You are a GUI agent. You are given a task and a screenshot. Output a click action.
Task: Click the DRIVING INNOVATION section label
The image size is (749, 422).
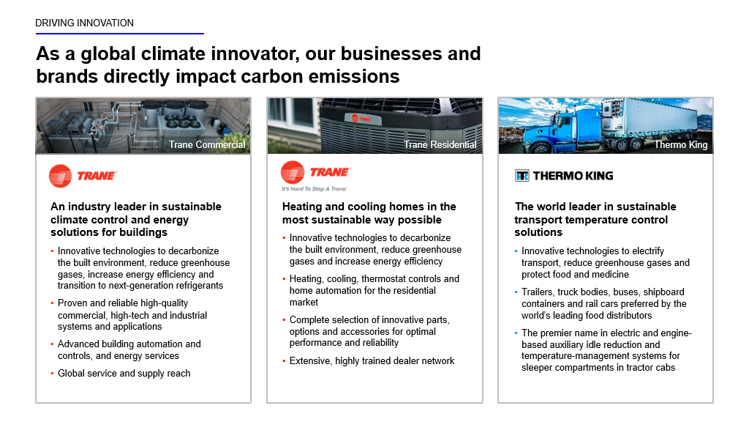click(x=85, y=23)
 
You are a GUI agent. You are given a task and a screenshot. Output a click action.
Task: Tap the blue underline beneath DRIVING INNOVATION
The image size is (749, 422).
click(x=120, y=34)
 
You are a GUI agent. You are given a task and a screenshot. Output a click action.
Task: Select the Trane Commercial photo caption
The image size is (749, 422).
click(x=207, y=144)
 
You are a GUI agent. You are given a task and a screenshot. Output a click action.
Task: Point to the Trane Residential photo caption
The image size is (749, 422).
click(x=440, y=144)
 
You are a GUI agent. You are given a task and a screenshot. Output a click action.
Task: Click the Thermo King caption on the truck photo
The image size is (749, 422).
click(x=681, y=144)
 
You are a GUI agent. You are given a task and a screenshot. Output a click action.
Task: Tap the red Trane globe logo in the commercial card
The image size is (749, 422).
click(x=60, y=176)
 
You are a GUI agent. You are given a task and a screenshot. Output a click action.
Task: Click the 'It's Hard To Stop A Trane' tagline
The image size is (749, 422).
click(x=314, y=189)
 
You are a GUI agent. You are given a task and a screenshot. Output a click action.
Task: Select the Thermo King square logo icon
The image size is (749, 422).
click(x=522, y=176)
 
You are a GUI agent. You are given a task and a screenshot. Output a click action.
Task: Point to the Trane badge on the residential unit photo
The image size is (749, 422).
click(x=361, y=118)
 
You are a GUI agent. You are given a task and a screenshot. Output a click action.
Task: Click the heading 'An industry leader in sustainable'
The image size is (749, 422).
click(x=136, y=207)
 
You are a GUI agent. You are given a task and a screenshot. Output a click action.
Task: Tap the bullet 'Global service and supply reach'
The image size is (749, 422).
click(x=124, y=373)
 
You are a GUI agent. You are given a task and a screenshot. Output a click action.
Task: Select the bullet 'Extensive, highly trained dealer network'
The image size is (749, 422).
click(x=372, y=360)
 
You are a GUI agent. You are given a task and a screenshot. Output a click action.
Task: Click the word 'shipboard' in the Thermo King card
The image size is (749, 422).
click(x=663, y=292)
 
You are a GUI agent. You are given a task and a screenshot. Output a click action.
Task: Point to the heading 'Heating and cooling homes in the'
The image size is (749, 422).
click(x=369, y=207)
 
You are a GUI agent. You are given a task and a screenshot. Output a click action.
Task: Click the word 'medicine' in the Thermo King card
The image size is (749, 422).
click(x=611, y=275)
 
